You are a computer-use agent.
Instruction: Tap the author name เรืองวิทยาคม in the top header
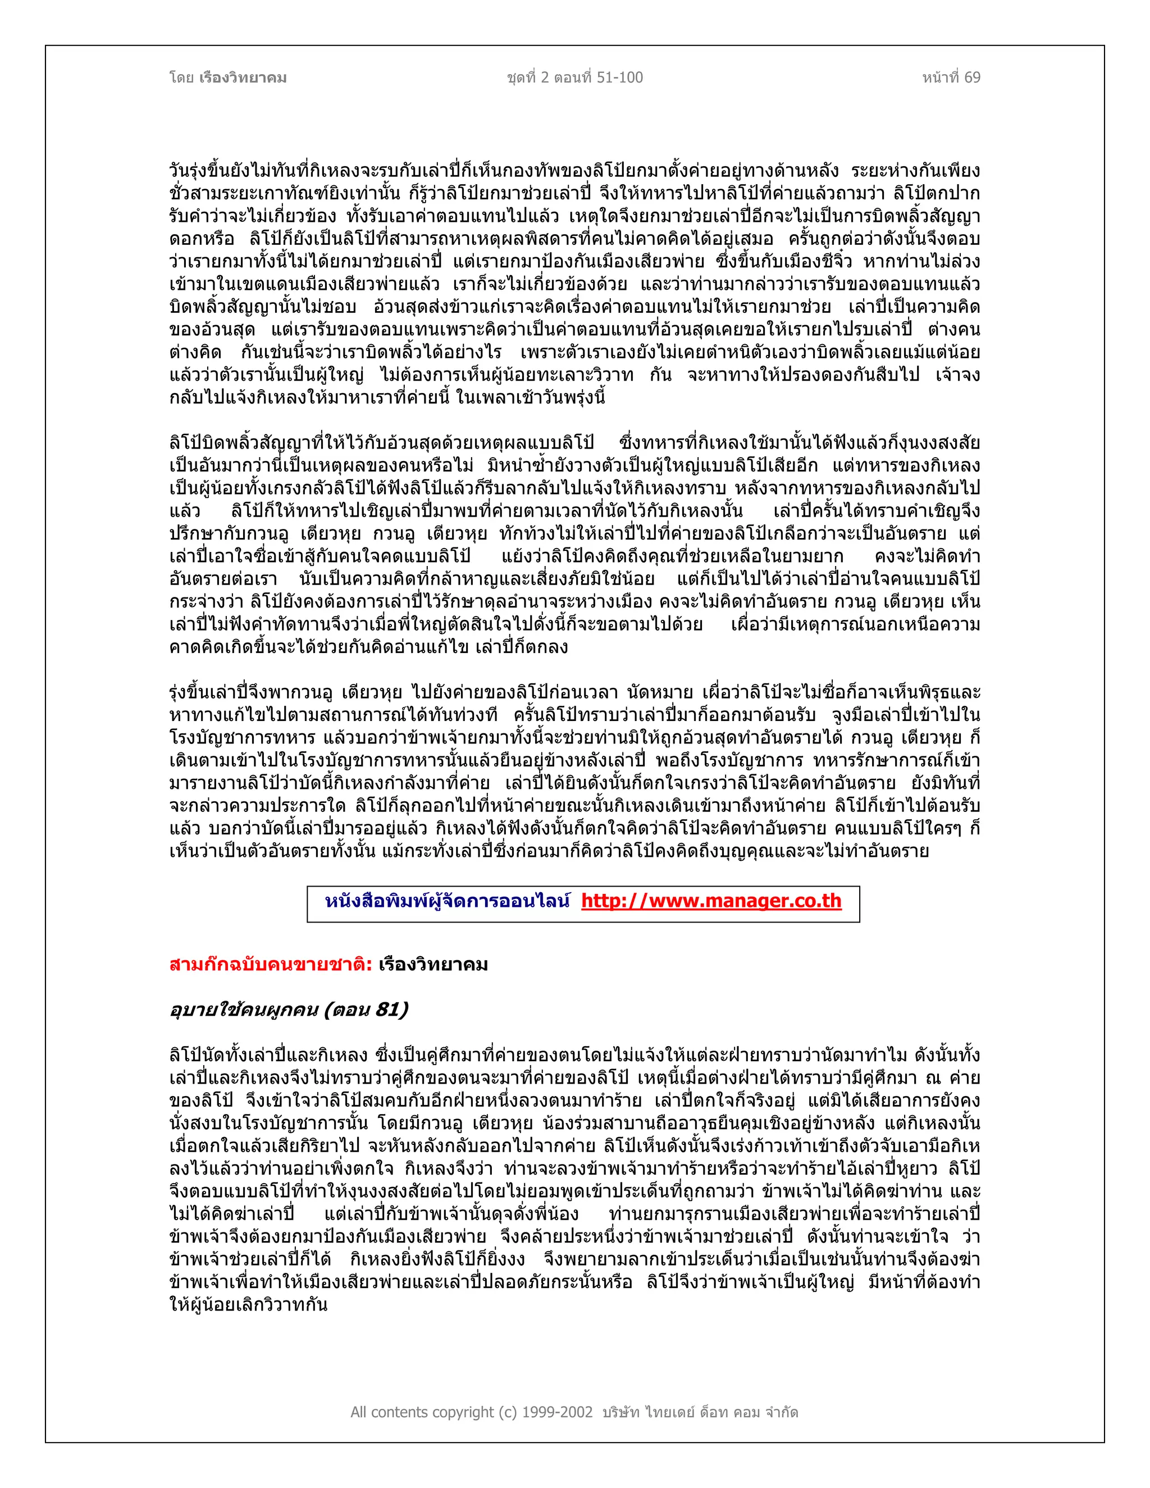[243, 77]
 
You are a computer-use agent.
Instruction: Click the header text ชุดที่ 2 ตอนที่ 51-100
[574, 77]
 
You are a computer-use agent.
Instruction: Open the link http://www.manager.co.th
[711, 901]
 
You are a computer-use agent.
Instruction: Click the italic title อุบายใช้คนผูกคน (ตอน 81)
[289, 1010]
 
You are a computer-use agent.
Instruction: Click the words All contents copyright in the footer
[423, 1412]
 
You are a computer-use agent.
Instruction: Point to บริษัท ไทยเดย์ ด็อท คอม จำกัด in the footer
[700, 1412]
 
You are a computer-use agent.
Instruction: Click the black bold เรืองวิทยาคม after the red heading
[433, 965]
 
